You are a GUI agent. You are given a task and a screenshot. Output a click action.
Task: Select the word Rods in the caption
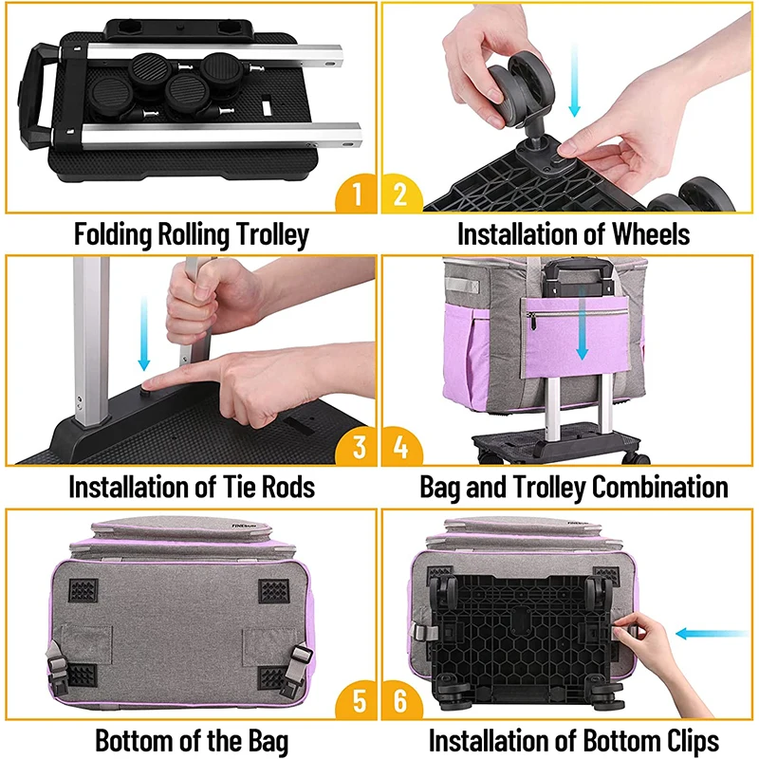(x=282, y=489)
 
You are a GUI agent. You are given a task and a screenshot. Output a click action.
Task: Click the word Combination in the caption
(x=660, y=489)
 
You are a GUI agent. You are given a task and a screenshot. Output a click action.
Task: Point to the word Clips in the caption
(x=685, y=741)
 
